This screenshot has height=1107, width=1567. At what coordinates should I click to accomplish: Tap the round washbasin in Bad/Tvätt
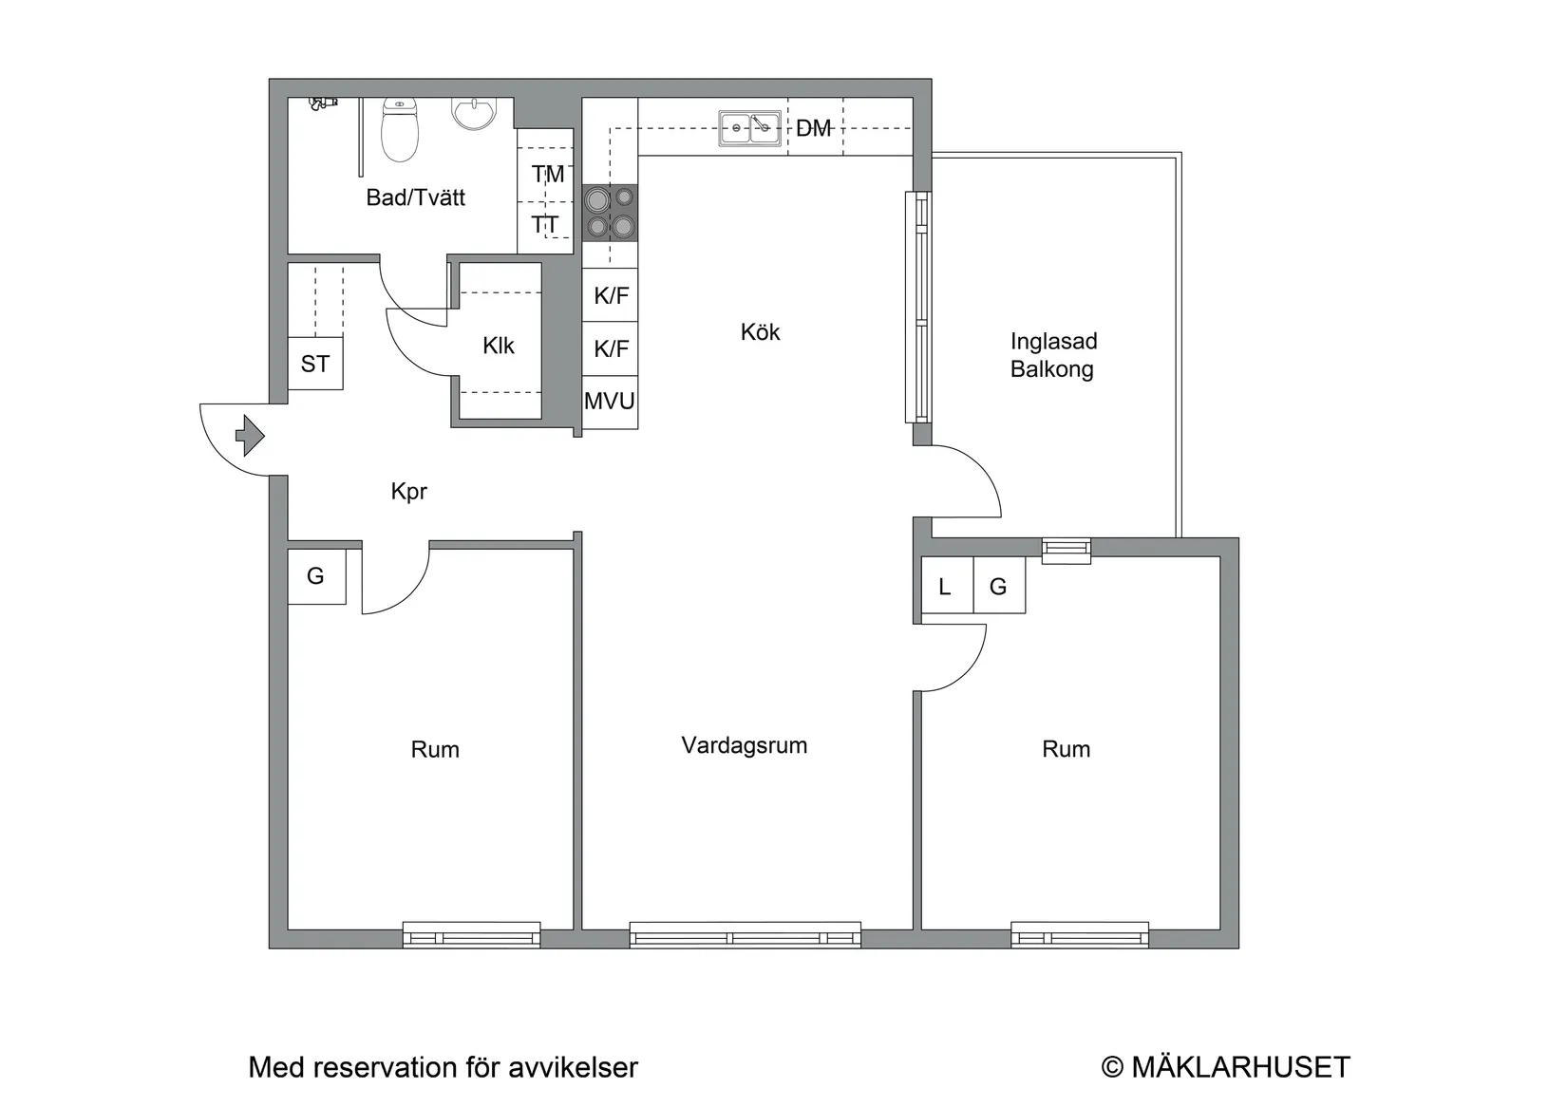pyautogui.click(x=474, y=113)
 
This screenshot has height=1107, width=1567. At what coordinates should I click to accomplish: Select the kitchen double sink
pyautogui.click(x=750, y=128)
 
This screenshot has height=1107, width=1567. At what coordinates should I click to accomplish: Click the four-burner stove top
pyautogui.click(x=610, y=213)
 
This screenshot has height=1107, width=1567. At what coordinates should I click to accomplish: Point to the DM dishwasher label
pyautogui.click(x=814, y=128)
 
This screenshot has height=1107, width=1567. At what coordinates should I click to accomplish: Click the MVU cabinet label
pyautogui.click(x=610, y=401)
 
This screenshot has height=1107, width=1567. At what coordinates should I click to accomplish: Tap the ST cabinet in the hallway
pyautogui.click(x=315, y=364)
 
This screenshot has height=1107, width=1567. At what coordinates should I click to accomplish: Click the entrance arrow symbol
pyautogui.click(x=250, y=436)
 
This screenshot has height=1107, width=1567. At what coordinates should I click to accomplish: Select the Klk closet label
pyautogui.click(x=498, y=346)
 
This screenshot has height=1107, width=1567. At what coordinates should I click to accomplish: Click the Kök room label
pyautogui.click(x=760, y=331)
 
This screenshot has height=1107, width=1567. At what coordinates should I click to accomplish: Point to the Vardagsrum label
pyautogui.click(x=745, y=744)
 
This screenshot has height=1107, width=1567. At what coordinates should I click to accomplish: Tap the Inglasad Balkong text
pyautogui.click(x=1053, y=354)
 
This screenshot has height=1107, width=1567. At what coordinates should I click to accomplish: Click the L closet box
pyautogui.click(x=947, y=586)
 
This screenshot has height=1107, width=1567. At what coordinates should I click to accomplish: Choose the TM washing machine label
pyautogui.click(x=547, y=174)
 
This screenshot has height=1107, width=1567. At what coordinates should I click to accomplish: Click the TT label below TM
pyautogui.click(x=545, y=225)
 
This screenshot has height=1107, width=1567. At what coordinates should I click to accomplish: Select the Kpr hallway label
pyautogui.click(x=408, y=492)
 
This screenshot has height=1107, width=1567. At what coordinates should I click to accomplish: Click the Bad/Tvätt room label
pyautogui.click(x=416, y=197)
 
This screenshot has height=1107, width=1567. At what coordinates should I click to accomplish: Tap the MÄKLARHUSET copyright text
pyautogui.click(x=1226, y=1067)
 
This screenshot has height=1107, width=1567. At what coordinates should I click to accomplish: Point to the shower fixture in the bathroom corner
pyautogui.click(x=323, y=103)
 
